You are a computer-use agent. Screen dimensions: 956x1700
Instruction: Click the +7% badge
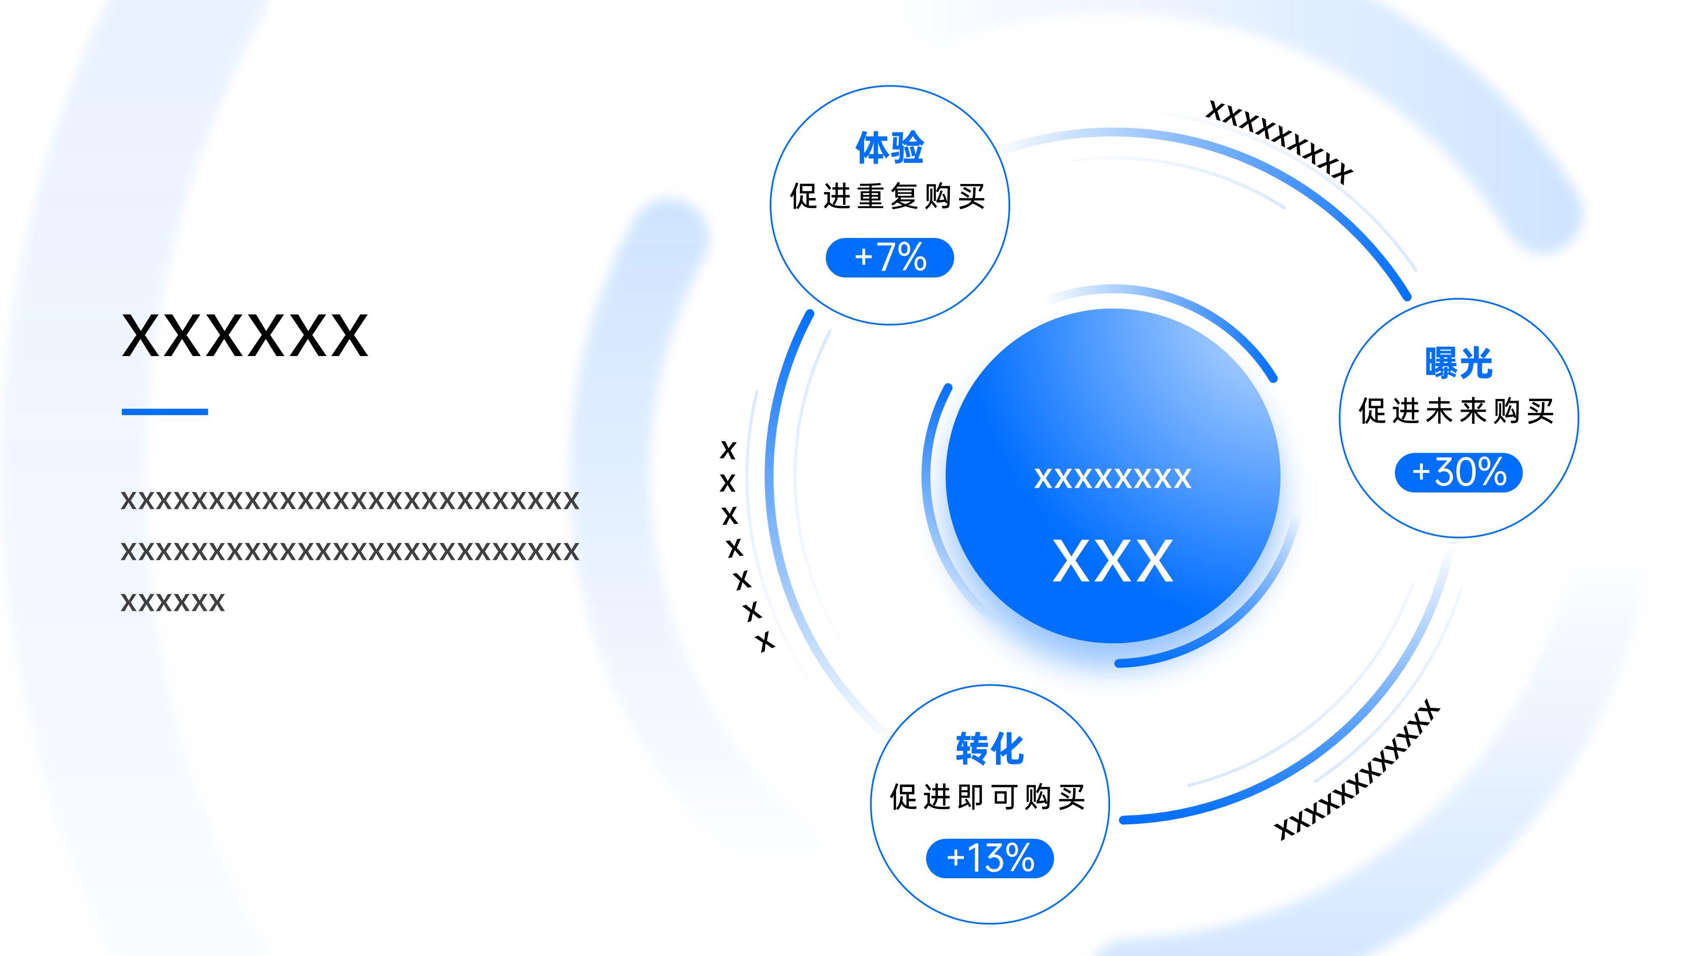point(890,257)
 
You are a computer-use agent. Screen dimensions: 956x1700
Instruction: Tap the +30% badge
point(1459,472)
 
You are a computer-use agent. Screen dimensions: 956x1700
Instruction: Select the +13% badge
point(990,858)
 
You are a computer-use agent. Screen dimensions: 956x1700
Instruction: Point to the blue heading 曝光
point(1459,363)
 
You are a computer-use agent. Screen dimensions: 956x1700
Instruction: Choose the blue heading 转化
point(990,749)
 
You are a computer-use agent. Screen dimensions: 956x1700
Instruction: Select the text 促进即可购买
point(988,797)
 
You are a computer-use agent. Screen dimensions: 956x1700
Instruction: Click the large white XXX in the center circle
point(1113,561)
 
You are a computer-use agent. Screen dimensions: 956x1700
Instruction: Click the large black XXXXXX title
point(245,336)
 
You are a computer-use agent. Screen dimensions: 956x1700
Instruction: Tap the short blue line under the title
point(165,412)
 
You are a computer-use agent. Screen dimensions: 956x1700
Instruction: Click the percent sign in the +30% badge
point(1492,472)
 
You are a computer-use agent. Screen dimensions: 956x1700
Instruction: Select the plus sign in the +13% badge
point(955,858)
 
